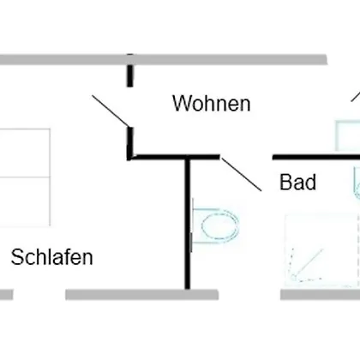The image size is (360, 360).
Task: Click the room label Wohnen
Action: [x=212, y=103]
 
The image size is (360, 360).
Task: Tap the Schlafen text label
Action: [x=52, y=257]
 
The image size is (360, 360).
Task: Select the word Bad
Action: [x=297, y=182]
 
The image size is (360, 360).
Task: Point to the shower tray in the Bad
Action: [x=322, y=250]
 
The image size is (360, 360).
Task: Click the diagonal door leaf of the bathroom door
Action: [x=242, y=174]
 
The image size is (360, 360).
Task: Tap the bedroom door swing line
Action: [x=111, y=111]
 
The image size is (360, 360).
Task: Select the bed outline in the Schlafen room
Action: [x=25, y=177]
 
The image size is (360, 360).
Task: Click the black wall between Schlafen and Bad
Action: [x=188, y=224]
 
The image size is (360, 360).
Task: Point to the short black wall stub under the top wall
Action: [x=130, y=75]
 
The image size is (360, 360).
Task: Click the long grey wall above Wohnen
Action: [x=164, y=60]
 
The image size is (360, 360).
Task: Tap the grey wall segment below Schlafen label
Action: [x=142, y=295]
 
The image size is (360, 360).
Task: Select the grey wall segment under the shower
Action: [x=320, y=295]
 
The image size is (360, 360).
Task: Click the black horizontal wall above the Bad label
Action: [x=316, y=157]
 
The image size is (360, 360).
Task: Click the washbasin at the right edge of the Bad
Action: [x=357, y=183]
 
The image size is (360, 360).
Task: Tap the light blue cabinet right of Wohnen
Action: [x=348, y=135]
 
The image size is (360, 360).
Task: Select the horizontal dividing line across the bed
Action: [x=25, y=177]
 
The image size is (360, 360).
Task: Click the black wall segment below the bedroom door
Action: [x=130, y=143]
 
